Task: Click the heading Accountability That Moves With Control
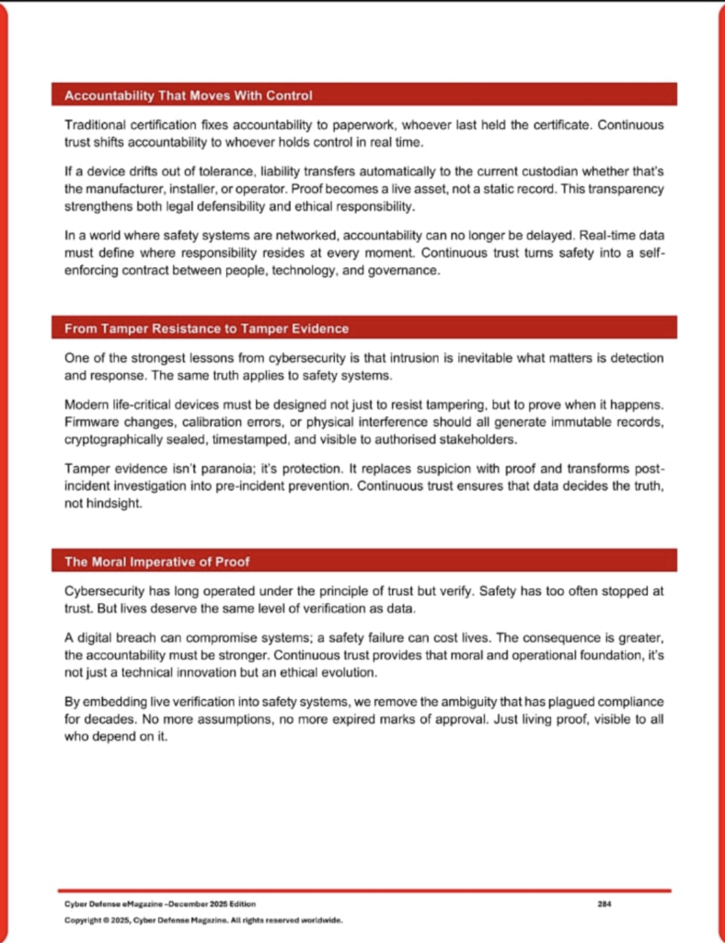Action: coord(189,96)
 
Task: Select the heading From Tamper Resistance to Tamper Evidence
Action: coord(206,329)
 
